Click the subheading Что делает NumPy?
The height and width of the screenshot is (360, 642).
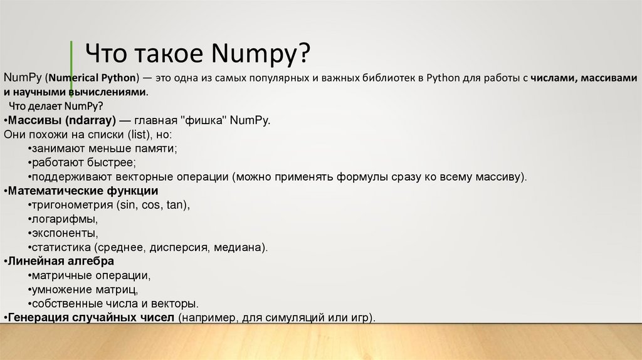click(56, 105)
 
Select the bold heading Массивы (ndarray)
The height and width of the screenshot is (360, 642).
click(60, 120)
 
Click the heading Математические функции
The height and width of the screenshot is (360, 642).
click(83, 191)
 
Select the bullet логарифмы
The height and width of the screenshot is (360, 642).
click(63, 219)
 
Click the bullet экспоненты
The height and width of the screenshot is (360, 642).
click(63, 233)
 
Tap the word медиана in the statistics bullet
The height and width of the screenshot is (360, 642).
click(239, 247)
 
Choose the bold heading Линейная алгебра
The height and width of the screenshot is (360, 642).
click(61, 261)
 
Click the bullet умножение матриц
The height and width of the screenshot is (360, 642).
click(84, 289)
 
